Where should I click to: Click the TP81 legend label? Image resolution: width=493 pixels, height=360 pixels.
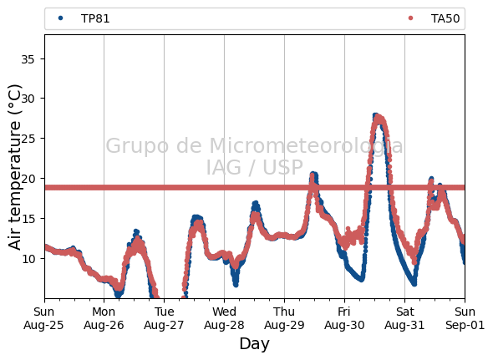[x=95, y=19]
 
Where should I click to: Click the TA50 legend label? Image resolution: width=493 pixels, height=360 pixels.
[x=445, y=19]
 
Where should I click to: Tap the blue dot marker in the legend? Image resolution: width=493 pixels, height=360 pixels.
[x=61, y=18]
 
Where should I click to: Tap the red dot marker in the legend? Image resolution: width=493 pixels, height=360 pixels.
[x=410, y=18]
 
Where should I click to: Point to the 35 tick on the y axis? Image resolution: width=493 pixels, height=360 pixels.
[x=28, y=59]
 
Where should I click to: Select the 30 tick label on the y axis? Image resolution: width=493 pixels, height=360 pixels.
[x=28, y=99]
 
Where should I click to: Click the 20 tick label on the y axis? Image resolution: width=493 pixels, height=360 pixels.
[x=28, y=179]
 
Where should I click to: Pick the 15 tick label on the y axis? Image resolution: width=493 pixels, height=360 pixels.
[x=28, y=219]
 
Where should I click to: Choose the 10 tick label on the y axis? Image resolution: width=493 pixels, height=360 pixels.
[x=28, y=258]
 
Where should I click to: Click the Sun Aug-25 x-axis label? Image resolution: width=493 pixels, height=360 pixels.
[x=43, y=318]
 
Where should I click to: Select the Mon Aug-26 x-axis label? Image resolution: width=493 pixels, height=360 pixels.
[x=104, y=318]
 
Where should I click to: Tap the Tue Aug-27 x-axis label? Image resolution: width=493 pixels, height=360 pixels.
[x=164, y=318]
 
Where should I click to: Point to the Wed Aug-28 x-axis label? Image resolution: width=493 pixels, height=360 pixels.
[x=224, y=318]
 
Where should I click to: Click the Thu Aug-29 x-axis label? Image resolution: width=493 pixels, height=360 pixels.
[x=284, y=318]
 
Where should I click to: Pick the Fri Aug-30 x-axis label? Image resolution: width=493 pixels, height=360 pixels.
[x=344, y=318]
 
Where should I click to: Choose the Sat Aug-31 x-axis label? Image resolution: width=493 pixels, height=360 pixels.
[x=404, y=318]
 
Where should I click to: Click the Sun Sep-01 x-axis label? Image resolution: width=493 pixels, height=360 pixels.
[x=465, y=318]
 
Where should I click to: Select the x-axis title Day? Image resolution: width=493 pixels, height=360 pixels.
[x=254, y=343]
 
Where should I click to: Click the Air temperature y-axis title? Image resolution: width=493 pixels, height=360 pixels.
[x=14, y=167]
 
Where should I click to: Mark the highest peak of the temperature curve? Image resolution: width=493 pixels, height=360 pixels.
[x=375, y=116]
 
